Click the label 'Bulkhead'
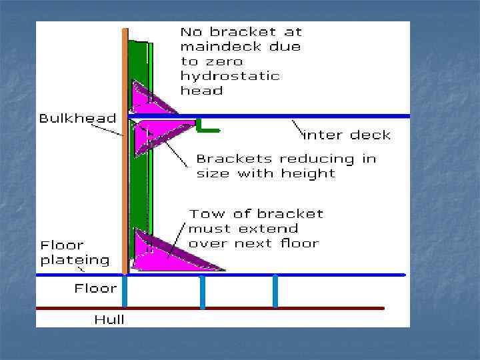coord(77,119)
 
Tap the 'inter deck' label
coord(347,135)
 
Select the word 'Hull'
coord(109,319)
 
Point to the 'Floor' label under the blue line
coord(95,289)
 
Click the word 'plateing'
coord(75,259)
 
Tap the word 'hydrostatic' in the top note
coord(230,75)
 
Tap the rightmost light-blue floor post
coord(275,291)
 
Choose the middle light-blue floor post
coord(202,291)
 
